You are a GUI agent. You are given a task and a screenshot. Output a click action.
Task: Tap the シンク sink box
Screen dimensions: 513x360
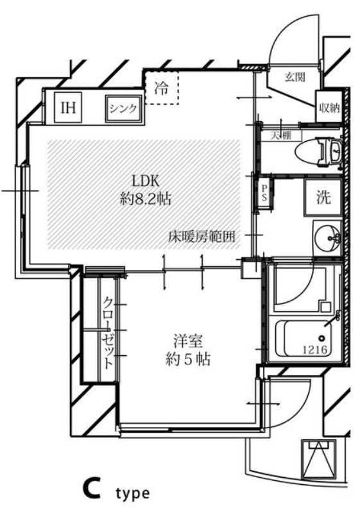[122, 108]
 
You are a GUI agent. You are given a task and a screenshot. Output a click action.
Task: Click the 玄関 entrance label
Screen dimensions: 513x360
[295, 78]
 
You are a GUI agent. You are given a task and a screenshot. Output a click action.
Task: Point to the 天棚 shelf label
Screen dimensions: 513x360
[277, 136]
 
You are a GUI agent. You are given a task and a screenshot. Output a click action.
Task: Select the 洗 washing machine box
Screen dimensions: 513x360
[323, 197]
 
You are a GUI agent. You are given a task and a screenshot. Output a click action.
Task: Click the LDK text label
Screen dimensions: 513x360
[145, 179]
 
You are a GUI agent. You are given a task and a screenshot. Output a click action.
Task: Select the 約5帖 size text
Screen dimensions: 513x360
[187, 358]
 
